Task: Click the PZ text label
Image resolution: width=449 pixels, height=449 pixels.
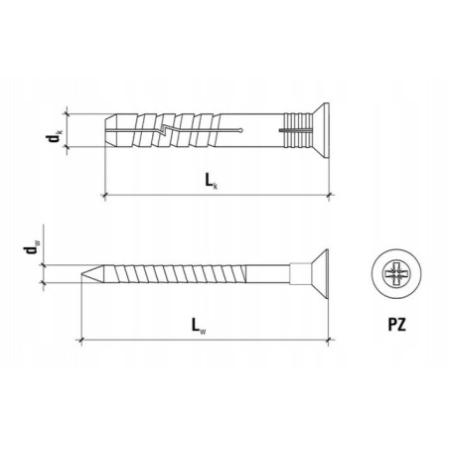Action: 396,325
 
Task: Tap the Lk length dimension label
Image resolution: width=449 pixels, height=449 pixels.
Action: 211,182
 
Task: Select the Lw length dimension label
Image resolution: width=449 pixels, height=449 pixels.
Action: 199,326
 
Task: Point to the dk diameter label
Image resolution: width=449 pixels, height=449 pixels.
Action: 54,137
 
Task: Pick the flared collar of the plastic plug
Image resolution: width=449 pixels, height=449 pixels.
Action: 321,130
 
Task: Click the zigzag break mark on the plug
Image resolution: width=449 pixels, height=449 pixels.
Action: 164,130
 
